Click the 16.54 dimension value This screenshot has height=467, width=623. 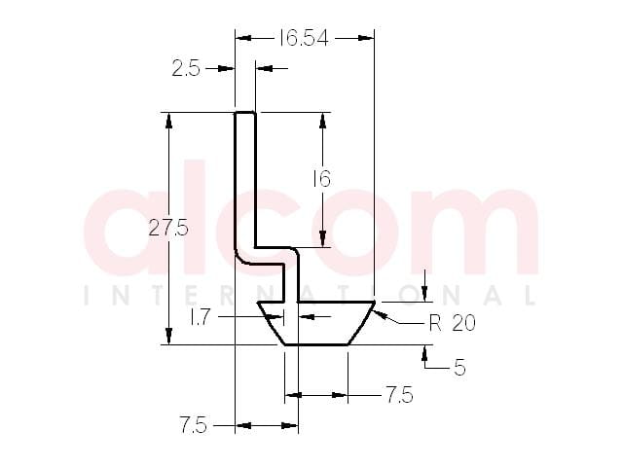[x=304, y=38]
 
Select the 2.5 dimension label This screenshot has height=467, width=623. [x=186, y=69]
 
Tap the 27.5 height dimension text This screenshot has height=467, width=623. [x=168, y=229]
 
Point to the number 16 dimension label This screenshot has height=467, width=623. [x=322, y=179]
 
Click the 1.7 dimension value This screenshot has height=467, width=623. [x=200, y=317]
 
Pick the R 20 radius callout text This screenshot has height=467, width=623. [x=452, y=323]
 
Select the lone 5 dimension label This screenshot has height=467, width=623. [x=459, y=368]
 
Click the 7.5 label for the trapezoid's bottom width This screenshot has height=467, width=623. [x=400, y=395]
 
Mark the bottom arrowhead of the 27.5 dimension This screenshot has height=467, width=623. [x=168, y=337]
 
